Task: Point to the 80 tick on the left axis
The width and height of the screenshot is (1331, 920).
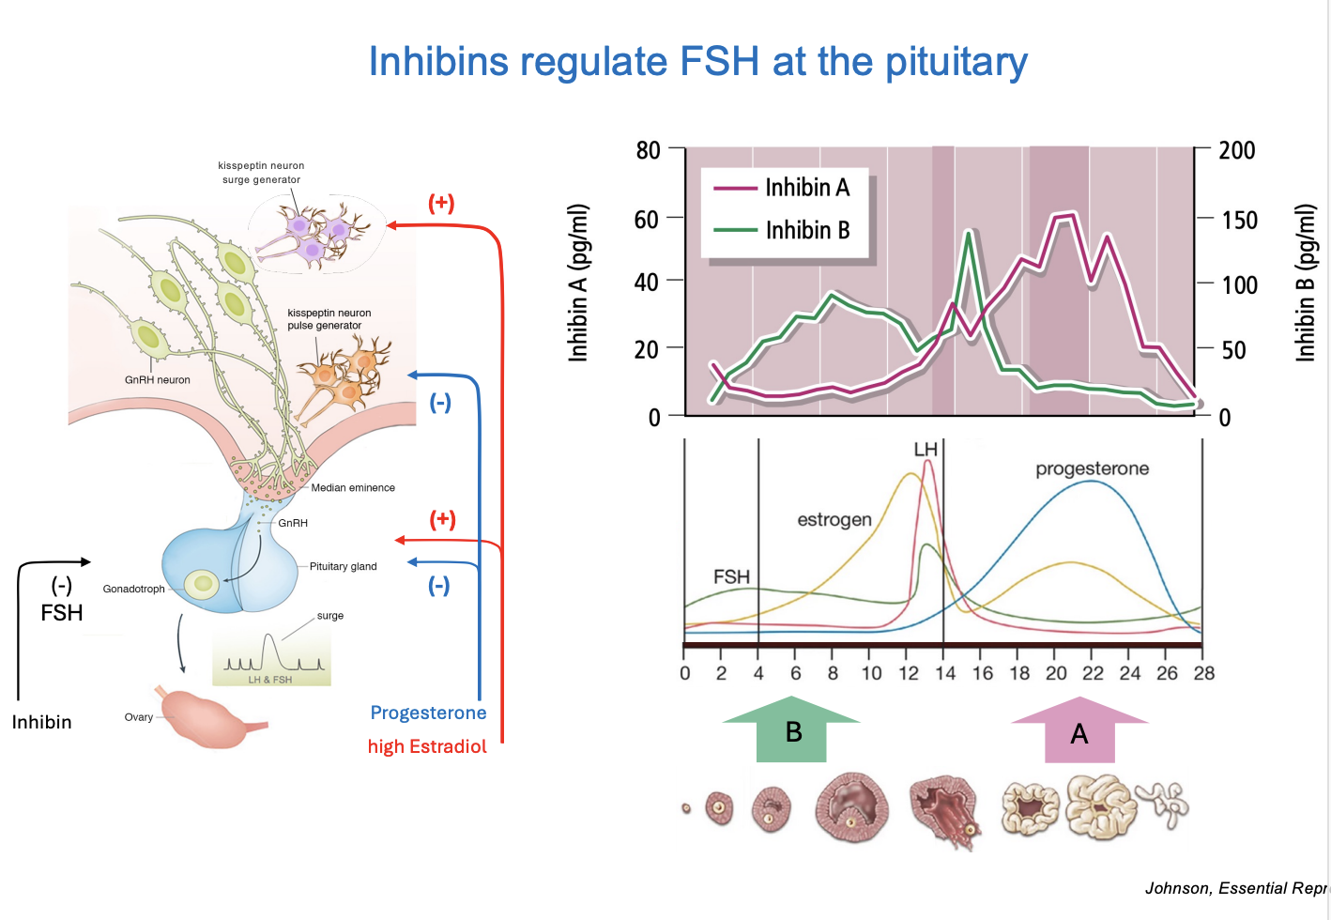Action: (x=649, y=150)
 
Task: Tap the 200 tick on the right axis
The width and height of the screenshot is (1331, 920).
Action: (x=1236, y=150)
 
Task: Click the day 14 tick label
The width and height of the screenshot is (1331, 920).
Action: (x=945, y=673)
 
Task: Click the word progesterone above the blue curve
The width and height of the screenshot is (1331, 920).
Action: (x=1092, y=468)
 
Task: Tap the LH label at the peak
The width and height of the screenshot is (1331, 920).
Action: (x=926, y=450)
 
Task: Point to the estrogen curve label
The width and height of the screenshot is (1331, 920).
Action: (x=834, y=519)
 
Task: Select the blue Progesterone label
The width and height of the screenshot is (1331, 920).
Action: (x=428, y=713)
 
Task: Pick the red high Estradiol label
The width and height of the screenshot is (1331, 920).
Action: (x=427, y=746)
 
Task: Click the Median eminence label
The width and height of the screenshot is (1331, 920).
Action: (x=353, y=487)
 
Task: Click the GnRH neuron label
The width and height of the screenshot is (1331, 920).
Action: (x=158, y=380)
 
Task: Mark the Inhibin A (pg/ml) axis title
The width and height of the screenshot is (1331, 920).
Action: (x=578, y=283)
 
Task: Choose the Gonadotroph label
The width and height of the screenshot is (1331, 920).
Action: (x=133, y=589)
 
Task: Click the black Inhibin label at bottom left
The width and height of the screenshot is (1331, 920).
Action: (x=41, y=722)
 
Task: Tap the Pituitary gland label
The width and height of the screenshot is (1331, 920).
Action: (x=343, y=566)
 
